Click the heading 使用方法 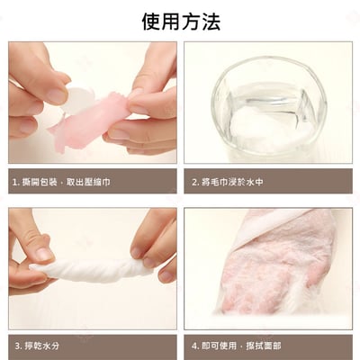tap(180, 21)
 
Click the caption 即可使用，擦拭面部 tap(238, 345)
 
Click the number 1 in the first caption tap(14, 181)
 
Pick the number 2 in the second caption tap(194, 181)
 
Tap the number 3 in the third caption tap(15, 345)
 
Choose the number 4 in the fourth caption tap(194, 345)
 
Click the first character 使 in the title tap(150, 21)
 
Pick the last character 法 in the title tap(210, 21)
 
